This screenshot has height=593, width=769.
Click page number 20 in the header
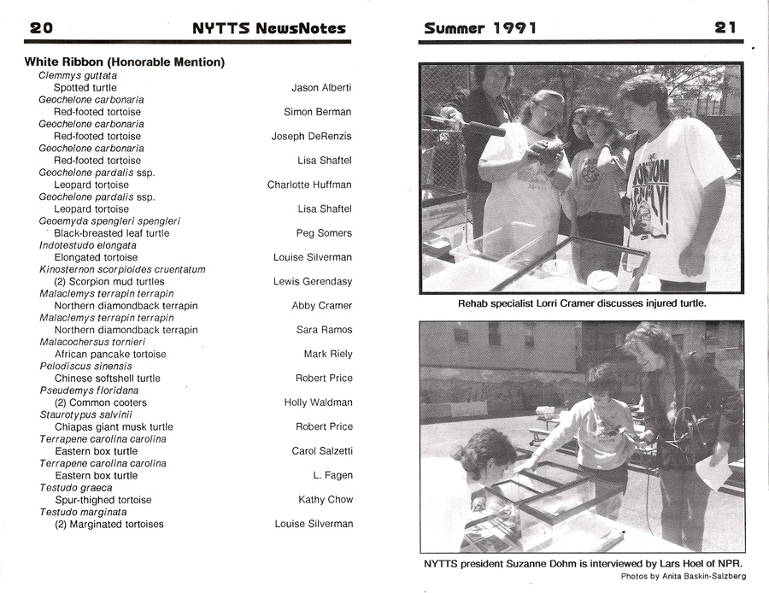pos(41,27)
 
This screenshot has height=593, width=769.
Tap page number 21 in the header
pos(725,27)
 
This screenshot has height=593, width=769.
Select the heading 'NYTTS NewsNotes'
pos(269,27)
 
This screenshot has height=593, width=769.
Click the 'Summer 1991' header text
pos(480,27)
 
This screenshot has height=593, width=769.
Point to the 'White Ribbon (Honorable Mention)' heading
pos(125,62)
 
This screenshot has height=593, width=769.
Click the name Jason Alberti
pos(321,87)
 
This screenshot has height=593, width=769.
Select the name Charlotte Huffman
pos(309,185)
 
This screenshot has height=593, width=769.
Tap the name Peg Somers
pos(324,233)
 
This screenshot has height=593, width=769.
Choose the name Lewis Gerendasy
pos(312,281)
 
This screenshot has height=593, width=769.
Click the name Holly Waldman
pos(318,402)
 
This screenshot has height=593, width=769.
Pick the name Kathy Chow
pos(326,500)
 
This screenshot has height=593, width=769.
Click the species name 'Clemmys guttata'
pos(76,75)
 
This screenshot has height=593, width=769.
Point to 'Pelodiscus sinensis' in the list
pos(85,366)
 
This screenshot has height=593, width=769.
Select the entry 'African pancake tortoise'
pos(110,354)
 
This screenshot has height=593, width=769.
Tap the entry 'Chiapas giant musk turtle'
pos(114,426)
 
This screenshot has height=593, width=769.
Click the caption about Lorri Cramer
pos(581,304)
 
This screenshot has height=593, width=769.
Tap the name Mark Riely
pos(328,354)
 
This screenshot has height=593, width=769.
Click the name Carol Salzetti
pos(322,451)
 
